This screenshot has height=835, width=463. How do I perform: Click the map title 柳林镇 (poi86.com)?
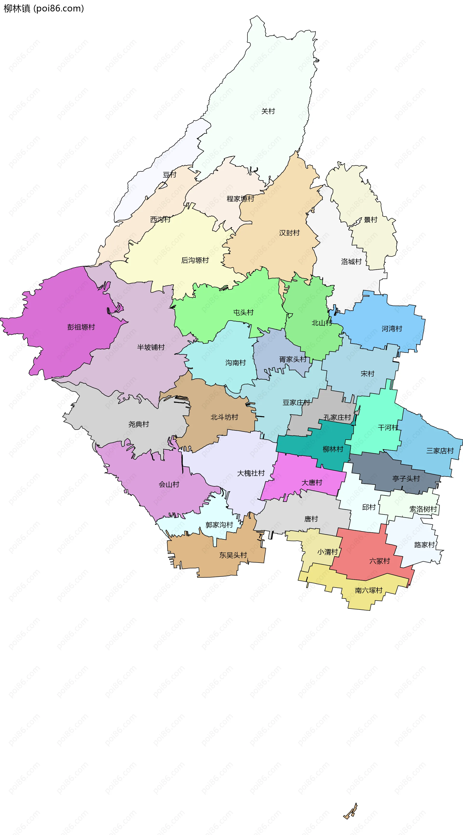point(44,8)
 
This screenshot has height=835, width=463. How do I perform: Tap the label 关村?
point(268,111)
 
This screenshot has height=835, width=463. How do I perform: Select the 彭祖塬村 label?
point(81,327)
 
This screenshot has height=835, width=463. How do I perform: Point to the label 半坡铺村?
point(151,347)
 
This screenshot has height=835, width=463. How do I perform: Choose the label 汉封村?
point(289,233)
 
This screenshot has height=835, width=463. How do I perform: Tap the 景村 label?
point(371,220)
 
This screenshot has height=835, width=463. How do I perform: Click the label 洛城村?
point(351,261)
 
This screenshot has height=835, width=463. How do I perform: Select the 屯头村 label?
point(243,312)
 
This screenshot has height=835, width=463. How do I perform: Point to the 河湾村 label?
point(392,329)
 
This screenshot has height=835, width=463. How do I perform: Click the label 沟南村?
point(236,362)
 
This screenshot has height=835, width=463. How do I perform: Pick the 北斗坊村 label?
point(224,417)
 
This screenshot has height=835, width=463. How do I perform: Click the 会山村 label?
point(169,484)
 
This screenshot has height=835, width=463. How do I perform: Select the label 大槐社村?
point(251,473)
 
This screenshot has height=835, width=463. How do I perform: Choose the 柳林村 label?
point(333,449)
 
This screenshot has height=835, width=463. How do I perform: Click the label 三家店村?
point(440,451)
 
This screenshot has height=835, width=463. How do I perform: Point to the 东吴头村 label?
point(233,555)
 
